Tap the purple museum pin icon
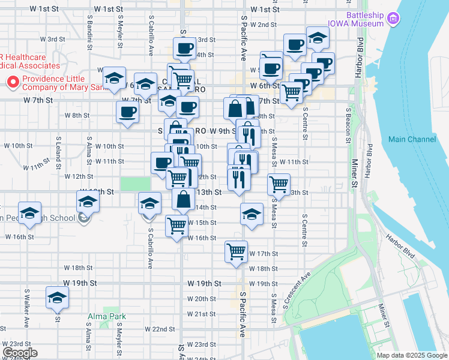[x=394, y=19]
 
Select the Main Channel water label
[x=412, y=139]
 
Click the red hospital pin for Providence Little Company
[x=11, y=82]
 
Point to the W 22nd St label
[x=160, y=329]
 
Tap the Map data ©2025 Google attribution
[x=412, y=355]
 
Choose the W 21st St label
[x=201, y=314]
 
